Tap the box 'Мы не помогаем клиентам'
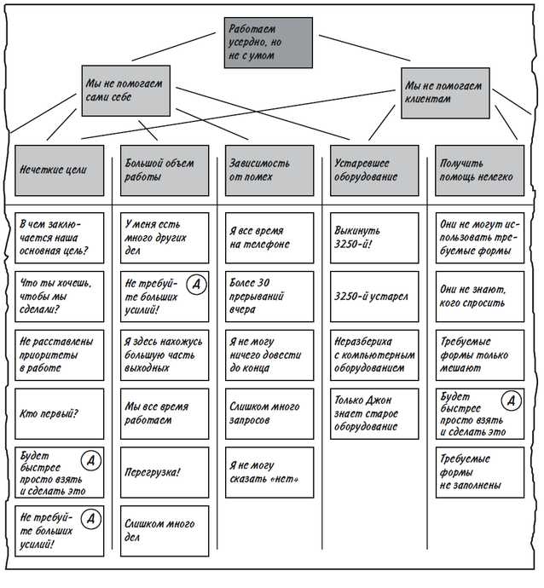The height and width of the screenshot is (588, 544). coord(445,91)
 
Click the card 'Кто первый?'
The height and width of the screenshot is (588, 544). coord(59,413)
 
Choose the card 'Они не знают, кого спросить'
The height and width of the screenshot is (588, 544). coord(477,297)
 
